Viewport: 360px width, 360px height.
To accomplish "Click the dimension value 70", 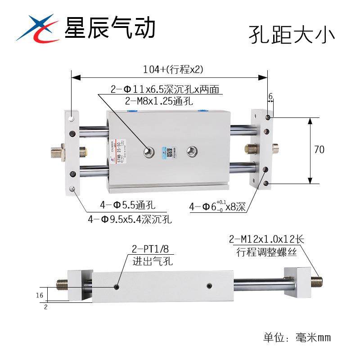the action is [x=319, y=150].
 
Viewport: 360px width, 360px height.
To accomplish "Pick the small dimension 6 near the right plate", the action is [x=270, y=96].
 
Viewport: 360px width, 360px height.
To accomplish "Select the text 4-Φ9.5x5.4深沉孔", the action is [x=130, y=220].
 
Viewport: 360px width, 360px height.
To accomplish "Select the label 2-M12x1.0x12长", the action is [x=266, y=239].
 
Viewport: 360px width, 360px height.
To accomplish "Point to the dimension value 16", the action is [x=39, y=295].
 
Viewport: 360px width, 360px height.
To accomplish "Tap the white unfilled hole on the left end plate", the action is [x=72, y=119].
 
